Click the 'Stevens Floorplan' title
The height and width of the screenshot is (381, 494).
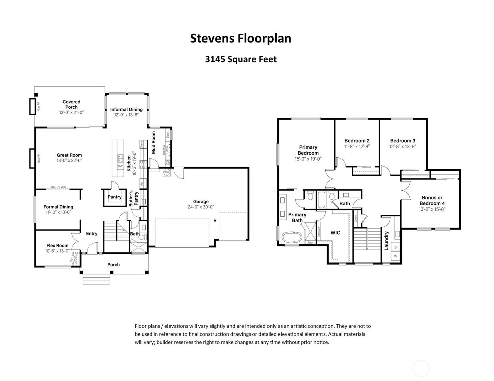pos(240,38)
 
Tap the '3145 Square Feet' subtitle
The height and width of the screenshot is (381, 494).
pos(241,59)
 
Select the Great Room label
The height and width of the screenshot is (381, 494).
pos(69,155)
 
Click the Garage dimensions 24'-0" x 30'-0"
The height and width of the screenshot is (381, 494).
pos(201,207)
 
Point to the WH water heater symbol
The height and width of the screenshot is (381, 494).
pos(166,172)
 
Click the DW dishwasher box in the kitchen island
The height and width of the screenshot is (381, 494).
pos(120,167)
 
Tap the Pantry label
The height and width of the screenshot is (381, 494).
pos(114,197)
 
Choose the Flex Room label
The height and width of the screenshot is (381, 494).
pos(57,245)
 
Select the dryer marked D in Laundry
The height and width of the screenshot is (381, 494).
pos(396,247)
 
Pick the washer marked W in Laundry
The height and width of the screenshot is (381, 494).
pos(396,256)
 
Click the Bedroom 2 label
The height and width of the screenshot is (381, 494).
pos(357,141)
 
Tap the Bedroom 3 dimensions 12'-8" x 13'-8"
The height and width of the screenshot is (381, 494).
pos(403,146)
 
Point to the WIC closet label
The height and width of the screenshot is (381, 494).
pos(335,233)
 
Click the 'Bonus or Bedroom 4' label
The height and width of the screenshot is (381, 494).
pos(432,200)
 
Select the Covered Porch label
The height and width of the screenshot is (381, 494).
pos(71,104)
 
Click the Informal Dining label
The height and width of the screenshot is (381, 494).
pos(126,109)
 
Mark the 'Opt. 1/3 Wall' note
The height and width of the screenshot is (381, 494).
pos(59,187)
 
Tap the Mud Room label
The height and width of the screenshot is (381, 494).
pos(154,142)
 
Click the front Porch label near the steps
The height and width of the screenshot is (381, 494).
pos(113,265)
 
